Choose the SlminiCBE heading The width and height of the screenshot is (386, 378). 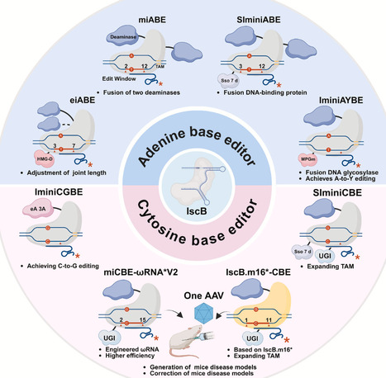(x=328, y=194)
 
